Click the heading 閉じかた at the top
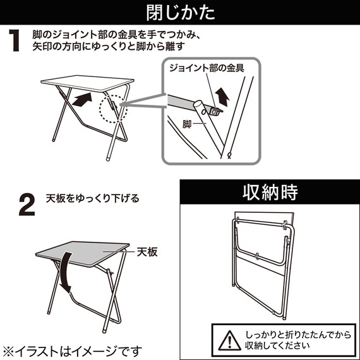coord(179,12)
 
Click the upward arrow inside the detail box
coord(223,97)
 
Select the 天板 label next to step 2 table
coord(147,251)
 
